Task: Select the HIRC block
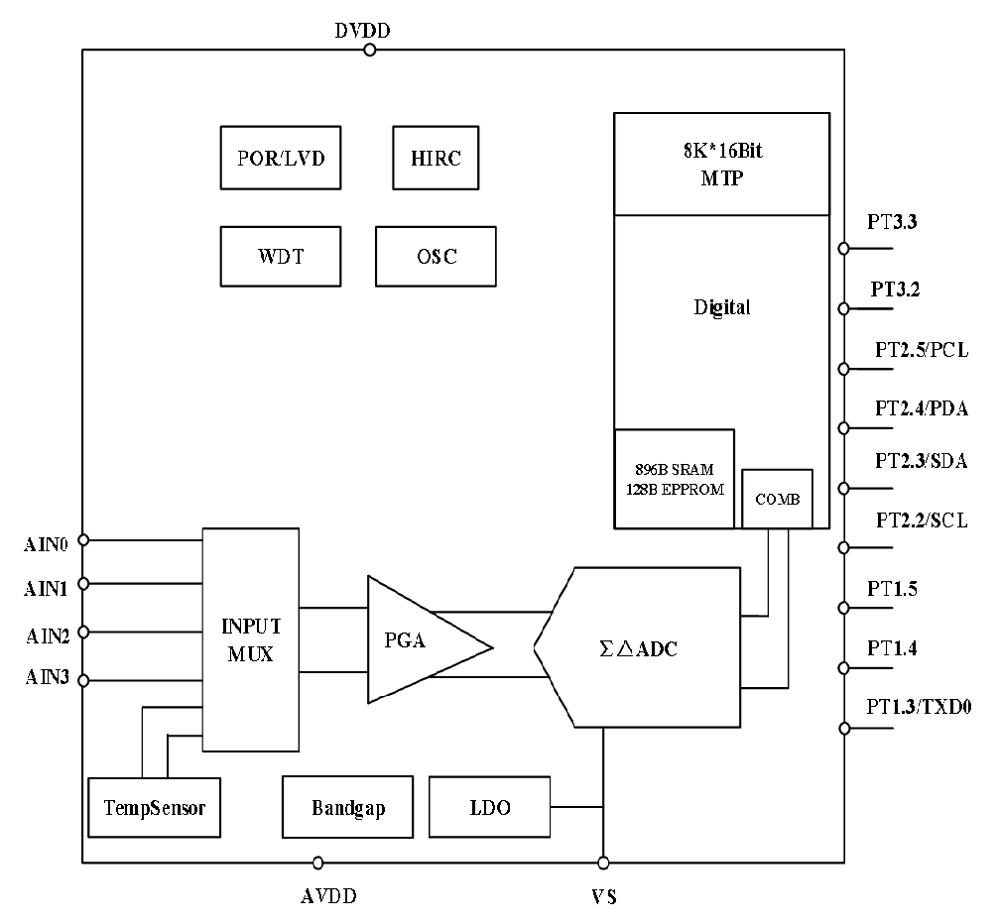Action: tap(435, 158)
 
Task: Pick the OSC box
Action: tap(435, 256)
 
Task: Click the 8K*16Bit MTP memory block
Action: tap(721, 164)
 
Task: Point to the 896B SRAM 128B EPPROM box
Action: tap(674, 479)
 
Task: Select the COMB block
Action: tap(777, 499)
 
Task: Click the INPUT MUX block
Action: tap(251, 639)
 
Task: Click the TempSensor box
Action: tap(154, 807)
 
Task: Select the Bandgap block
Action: tap(347, 807)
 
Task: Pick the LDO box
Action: tap(488, 807)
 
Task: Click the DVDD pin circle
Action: tap(369, 50)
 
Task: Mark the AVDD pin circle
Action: tap(317, 863)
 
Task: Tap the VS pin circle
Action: tap(603, 863)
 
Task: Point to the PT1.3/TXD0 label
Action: tap(919, 707)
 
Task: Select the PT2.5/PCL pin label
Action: tap(921, 350)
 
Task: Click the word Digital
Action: tap(721, 307)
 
